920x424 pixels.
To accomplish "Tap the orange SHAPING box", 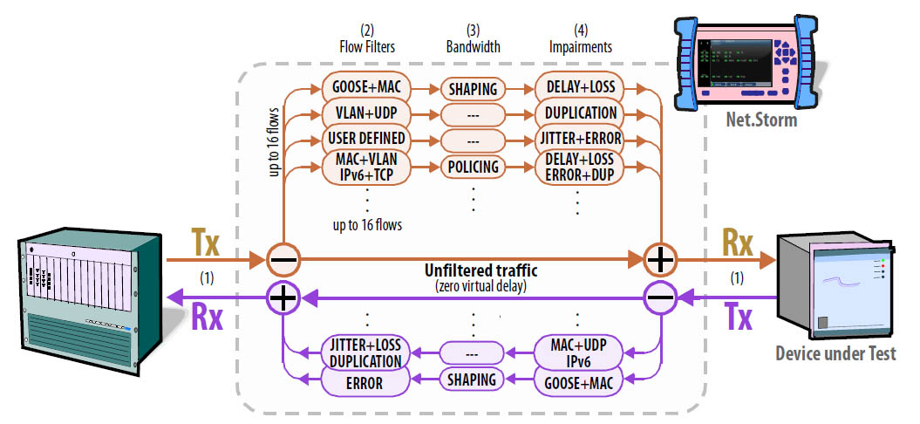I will [x=474, y=88].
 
